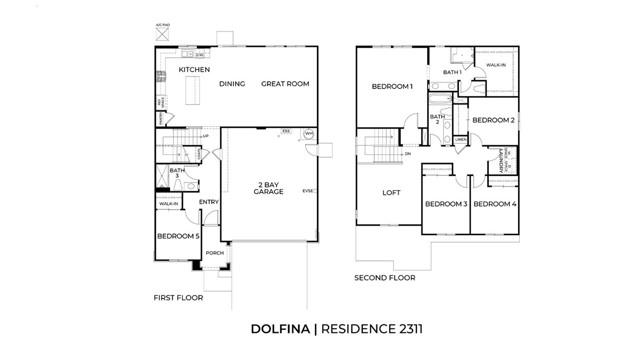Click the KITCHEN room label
(x=194, y=70)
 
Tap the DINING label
(x=232, y=85)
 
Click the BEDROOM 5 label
(x=177, y=237)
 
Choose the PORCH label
(x=214, y=254)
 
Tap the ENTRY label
(x=209, y=203)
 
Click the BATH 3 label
(x=177, y=173)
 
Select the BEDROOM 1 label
(x=392, y=87)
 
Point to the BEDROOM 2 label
(x=493, y=120)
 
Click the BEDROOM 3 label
(x=445, y=204)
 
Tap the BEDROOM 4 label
(x=494, y=204)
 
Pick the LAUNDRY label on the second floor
(x=501, y=160)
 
